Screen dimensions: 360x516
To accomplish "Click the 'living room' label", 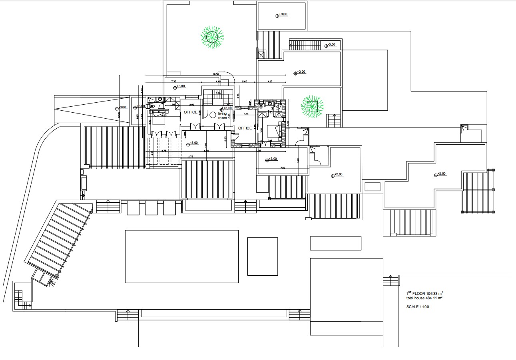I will click(x=222, y=116).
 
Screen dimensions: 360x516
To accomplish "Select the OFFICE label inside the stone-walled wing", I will click(x=245, y=128).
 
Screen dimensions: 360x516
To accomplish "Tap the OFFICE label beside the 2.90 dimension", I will click(x=191, y=112).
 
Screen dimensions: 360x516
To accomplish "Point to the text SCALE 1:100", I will click(x=418, y=307).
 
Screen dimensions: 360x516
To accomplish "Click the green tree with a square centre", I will click(x=312, y=106).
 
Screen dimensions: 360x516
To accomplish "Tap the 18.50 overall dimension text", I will click(x=215, y=74).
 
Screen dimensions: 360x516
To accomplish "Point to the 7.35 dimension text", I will click(x=174, y=82).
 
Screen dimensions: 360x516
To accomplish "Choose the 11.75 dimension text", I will click(x=190, y=157).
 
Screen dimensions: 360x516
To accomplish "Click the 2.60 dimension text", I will click(x=245, y=82).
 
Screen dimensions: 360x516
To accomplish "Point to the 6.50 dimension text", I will click(x=206, y=151).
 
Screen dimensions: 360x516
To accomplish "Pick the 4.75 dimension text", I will click(x=164, y=151).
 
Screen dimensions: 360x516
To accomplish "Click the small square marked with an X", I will click(x=262, y=55).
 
